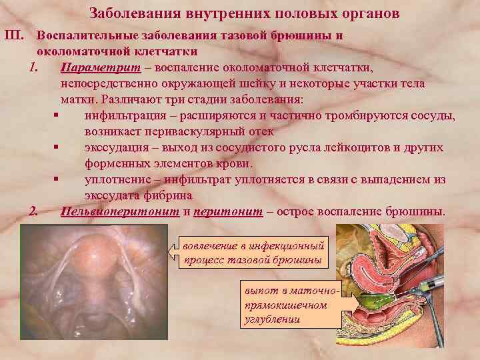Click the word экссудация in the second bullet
(115, 148)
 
